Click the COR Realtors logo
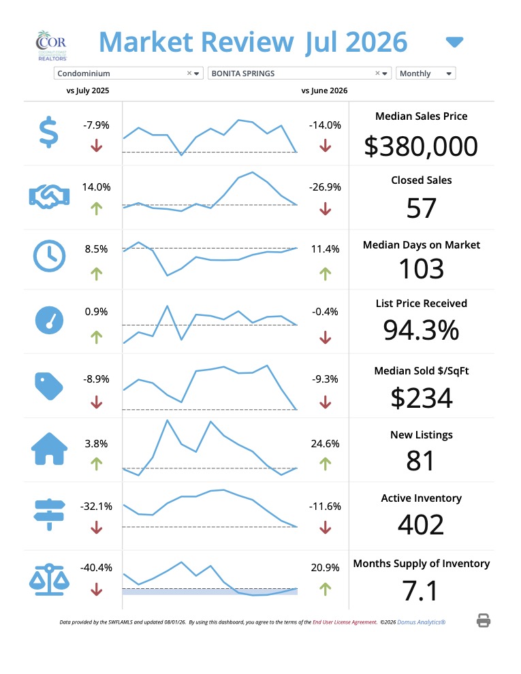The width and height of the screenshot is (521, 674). tap(51, 46)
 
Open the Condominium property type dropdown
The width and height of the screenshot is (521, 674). tap(128, 74)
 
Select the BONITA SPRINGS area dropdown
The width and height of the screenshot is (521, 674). tap(299, 74)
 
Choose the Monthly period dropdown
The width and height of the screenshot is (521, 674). tap(426, 74)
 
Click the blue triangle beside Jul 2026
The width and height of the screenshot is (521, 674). tap(454, 42)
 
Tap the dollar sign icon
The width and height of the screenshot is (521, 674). tap(48, 132)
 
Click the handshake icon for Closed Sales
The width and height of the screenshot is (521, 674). tap(49, 197)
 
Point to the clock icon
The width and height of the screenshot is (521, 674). tap(50, 256)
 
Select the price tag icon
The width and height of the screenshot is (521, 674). tap(48, 386)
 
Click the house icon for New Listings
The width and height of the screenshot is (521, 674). tap(50, 449)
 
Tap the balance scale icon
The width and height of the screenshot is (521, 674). tap(49, 579)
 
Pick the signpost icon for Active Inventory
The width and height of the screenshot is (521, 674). tap(50, 515)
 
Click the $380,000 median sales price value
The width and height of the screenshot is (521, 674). tap(421, 146)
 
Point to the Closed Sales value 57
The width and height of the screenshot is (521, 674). tap(422, 208)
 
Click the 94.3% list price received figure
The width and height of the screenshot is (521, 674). tap(422, 330)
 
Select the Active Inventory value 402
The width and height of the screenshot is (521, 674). tap(421, 525)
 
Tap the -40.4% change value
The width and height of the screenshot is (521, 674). tap(96, 568)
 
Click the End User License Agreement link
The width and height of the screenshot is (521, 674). tap(345, 622)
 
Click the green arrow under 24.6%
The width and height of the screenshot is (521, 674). tap(326, 464)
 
